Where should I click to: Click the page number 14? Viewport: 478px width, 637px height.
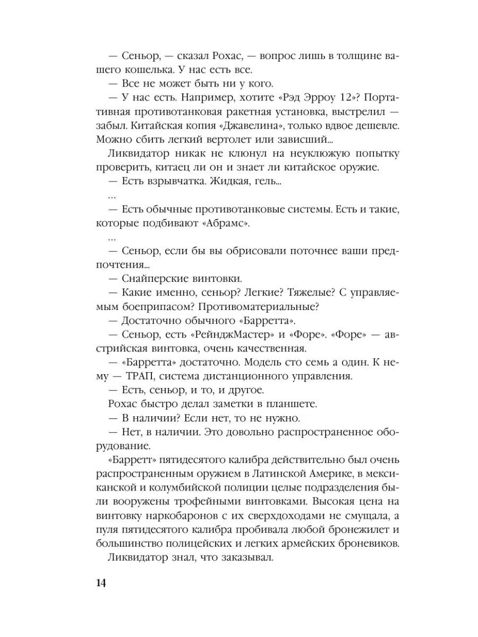click(x=101, y=583)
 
